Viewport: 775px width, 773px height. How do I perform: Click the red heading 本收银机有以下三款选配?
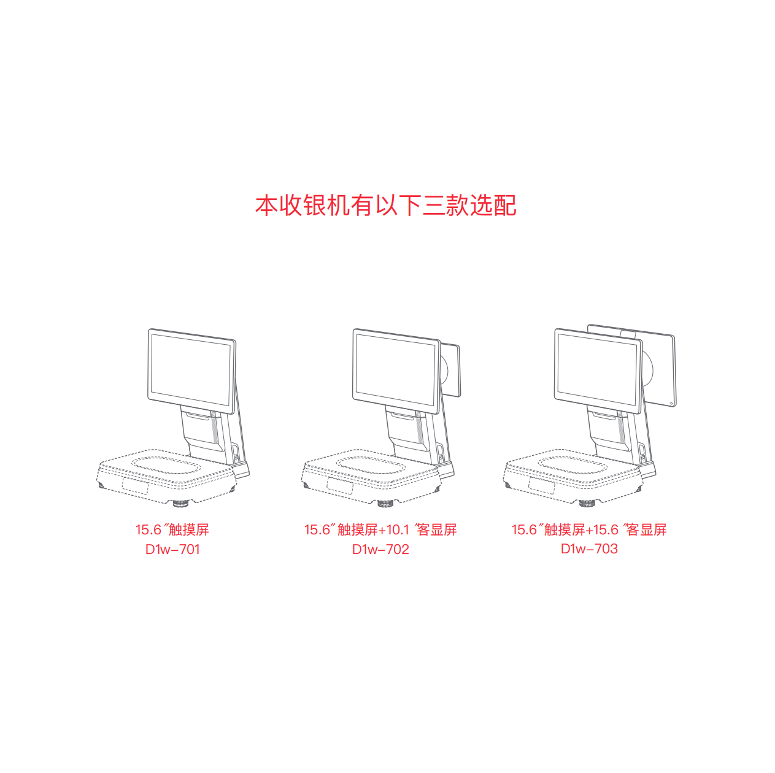(386, 206)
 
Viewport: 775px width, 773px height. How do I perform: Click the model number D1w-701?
(172, 549)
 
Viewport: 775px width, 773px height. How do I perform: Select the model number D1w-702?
(380, 549)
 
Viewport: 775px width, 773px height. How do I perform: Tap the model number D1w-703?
(589, 548)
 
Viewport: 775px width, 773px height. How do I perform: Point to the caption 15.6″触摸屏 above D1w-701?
(172, 529)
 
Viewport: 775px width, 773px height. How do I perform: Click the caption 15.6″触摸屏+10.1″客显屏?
(380, 529)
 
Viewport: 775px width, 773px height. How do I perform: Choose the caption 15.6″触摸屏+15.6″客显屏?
(589, 529)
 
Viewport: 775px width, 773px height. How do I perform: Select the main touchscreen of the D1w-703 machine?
(598, 369)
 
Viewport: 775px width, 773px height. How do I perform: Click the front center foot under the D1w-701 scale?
(180, 504)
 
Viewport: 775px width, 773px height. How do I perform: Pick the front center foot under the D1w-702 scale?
(385, 504)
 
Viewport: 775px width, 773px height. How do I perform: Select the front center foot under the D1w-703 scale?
(587, 504)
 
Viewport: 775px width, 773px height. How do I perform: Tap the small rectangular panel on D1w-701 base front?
(135, 485)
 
